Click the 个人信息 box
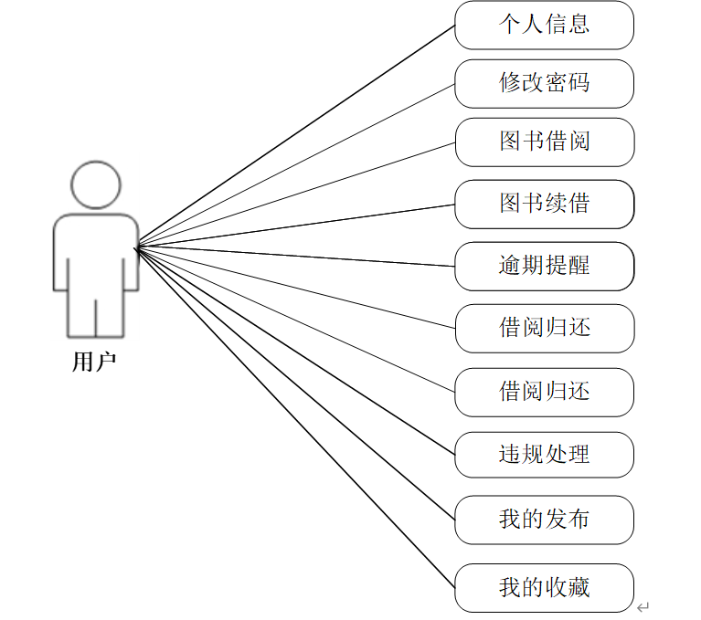coord(544,25)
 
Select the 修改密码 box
coord(544,83)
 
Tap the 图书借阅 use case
coord(544,142)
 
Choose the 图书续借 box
coord(544,204)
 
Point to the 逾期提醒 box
coord(544,266)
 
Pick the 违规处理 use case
coord(544,454)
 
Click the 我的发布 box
coord(544,520)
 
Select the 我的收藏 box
coord(544,587)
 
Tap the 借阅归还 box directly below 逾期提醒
coord(544,328)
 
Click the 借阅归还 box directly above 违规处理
coord(544,392)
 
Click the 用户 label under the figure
coord(94,362)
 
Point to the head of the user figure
coord(95,185)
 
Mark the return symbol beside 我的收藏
coord(643,606)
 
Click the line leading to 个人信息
coord(294,136)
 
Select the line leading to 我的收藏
coord(294,417)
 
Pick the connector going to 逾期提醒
coord(294,257)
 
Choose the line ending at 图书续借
coord(294,226)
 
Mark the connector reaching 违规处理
coord(294,351)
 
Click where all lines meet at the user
coord(136,247)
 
